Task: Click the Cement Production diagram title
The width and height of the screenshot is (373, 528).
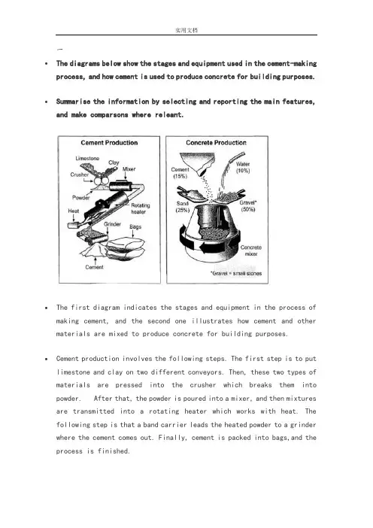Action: [x=109, y=143]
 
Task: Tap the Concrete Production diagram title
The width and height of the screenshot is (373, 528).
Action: [x=216, y=143]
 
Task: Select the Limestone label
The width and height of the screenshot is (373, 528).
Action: [x=87, y=158]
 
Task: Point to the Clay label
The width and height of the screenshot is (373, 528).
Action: [x=114, y=162]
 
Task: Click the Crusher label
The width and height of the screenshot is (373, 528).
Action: [x=80, y=174]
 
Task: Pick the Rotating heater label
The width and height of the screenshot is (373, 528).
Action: [x=140, y=208]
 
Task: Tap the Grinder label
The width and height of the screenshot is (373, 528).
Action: [x=112, y=224]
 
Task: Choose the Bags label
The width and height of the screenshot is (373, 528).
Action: [x=135, y=226]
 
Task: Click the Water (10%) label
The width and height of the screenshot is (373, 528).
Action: [x=243, y=168]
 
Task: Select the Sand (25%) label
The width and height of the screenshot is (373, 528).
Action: [x=183, y=207]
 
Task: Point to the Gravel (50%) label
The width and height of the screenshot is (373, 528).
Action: [x=248, y=206]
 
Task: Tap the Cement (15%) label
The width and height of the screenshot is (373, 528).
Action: [x=180, y=173]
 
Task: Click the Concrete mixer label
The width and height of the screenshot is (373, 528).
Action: [x=251, y=250]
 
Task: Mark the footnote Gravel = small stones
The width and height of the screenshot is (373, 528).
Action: [x=236, y=274]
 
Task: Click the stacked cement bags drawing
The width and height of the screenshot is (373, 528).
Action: [x=126, y=247]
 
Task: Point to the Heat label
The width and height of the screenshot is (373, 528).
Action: [x=74, y=211]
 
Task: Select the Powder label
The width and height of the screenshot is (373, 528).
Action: [x=80, y=198]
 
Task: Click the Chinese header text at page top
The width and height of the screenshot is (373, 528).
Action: [x=186, y=30]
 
